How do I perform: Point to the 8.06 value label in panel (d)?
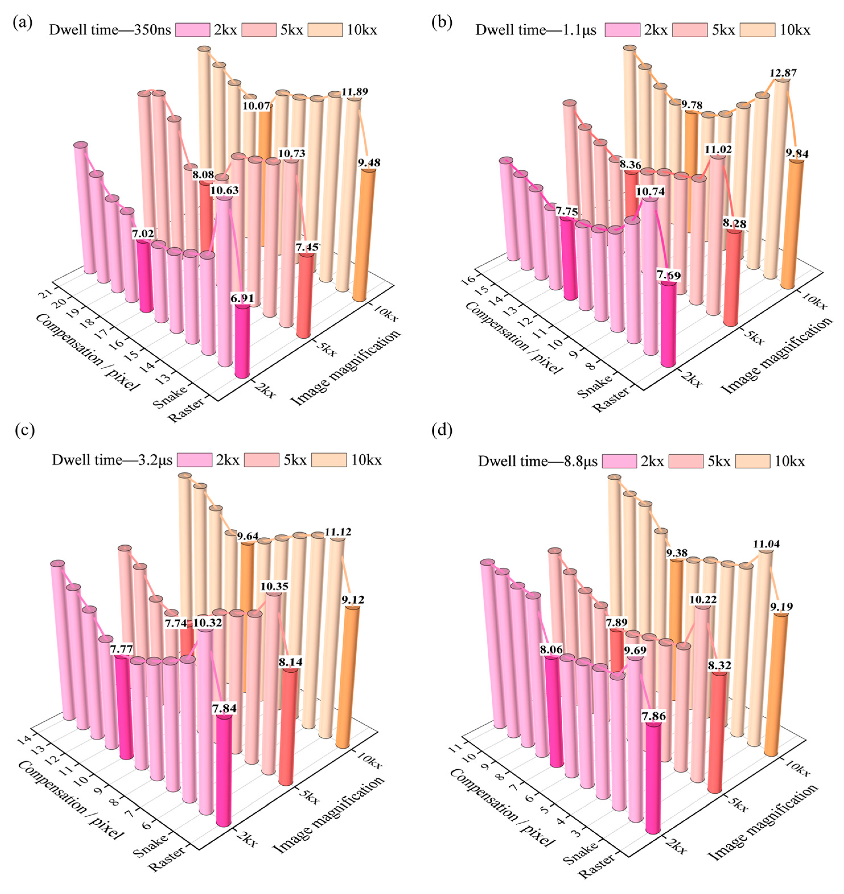click(551, 650)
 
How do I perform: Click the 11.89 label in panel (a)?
click(355, 92)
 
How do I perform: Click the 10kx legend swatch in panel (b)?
click(757, 30)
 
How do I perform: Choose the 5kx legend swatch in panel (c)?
click(261, 460)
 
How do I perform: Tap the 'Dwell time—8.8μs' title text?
click(537, 461)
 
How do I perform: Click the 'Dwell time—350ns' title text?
click(110, 30)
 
